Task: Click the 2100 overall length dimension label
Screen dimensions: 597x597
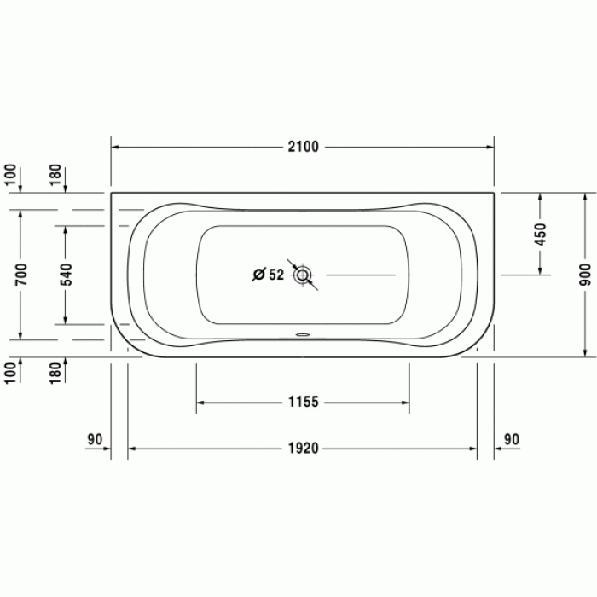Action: coord(303,147)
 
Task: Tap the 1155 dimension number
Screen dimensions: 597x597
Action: coord(303,402)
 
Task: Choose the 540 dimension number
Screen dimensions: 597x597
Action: coord(66,274)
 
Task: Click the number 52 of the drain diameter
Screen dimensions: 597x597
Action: coord(275,275)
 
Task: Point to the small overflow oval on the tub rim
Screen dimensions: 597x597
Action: coord(303,334)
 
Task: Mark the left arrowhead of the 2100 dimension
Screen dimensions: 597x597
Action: coord(116,147)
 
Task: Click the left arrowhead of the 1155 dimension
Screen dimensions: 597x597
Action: coord(201,402)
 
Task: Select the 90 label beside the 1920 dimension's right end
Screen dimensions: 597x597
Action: coord(512,440)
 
